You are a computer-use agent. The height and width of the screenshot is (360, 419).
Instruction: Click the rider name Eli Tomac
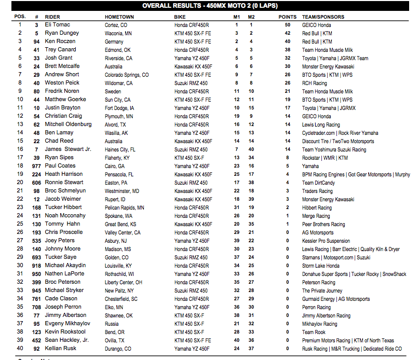pyautogui.click(x=57, y=24)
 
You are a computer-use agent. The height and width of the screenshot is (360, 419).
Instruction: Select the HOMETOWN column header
pyautogui.click(x=119, y=17)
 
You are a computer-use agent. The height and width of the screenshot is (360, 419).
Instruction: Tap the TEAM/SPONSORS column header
pyautogui.click(x=323, y=17)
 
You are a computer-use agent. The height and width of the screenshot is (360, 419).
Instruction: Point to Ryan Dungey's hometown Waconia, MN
pyautogui.click(x=118, y=33)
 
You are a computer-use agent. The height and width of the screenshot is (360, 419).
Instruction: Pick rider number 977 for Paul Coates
pyautogui.click(x=36, y=166)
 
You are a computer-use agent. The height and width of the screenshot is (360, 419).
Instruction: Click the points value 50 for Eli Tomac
pyautogui.click(x=287, y=24)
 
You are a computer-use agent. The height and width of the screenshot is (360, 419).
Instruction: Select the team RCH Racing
pyautogui.click(x=315, y=83)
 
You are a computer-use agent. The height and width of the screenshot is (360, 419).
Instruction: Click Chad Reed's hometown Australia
pyautogui.click(x=114, y=141)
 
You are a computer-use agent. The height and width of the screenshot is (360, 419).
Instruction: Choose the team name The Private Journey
pyautogui.click(x=322, y=290)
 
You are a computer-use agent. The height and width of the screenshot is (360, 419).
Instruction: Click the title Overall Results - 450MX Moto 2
pyautogui.click(x=209, y=6)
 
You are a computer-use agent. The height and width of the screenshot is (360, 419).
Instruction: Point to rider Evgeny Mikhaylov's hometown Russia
pyautogui.click(x=112, y=324)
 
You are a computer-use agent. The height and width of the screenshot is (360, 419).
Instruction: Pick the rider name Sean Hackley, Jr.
pyautogui.click(x=67, y=340)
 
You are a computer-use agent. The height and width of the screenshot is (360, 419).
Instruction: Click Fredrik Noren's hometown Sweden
pyautogui.click(x=113, y=91)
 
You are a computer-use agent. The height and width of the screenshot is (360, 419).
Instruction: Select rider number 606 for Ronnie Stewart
pyautogui.click(x=36, y=183)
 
